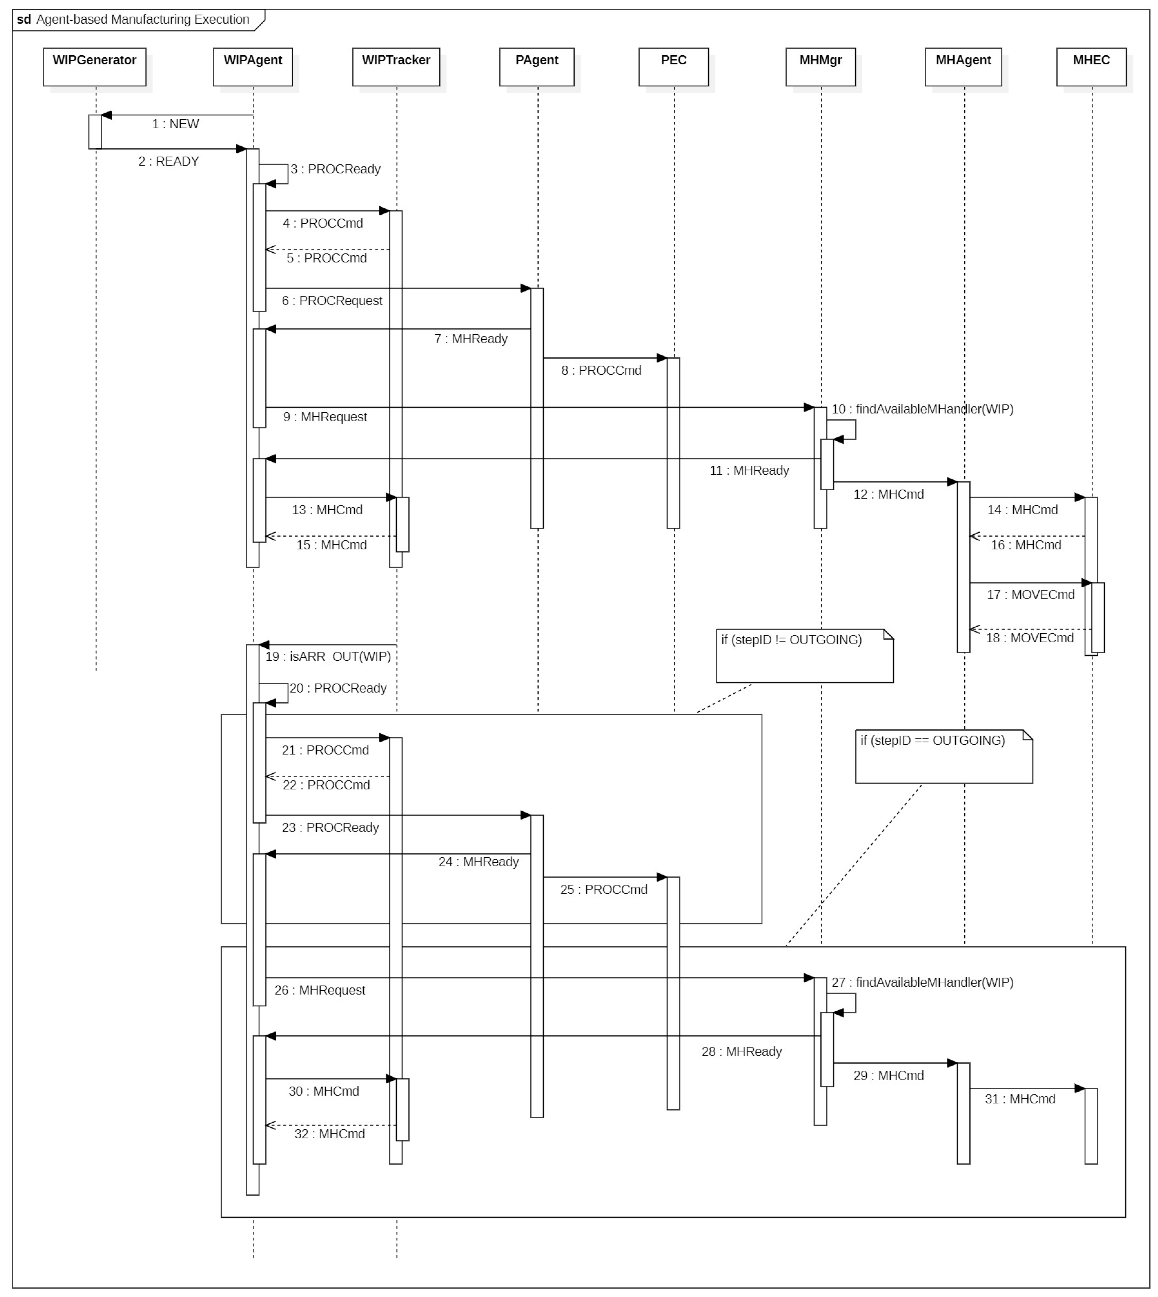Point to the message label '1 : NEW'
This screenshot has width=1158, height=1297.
175,124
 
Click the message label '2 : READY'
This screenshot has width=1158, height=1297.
169,162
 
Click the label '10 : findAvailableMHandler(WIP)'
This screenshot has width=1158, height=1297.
922,409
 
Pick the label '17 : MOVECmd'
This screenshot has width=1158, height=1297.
1030,595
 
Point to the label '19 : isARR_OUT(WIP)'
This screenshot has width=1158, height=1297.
328,657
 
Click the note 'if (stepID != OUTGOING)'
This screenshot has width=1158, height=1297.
804,656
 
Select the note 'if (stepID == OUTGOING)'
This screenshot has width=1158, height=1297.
943,756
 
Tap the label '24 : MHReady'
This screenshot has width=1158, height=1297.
478,862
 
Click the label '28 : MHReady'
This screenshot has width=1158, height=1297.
741,1052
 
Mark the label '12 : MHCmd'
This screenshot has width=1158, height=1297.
888,495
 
